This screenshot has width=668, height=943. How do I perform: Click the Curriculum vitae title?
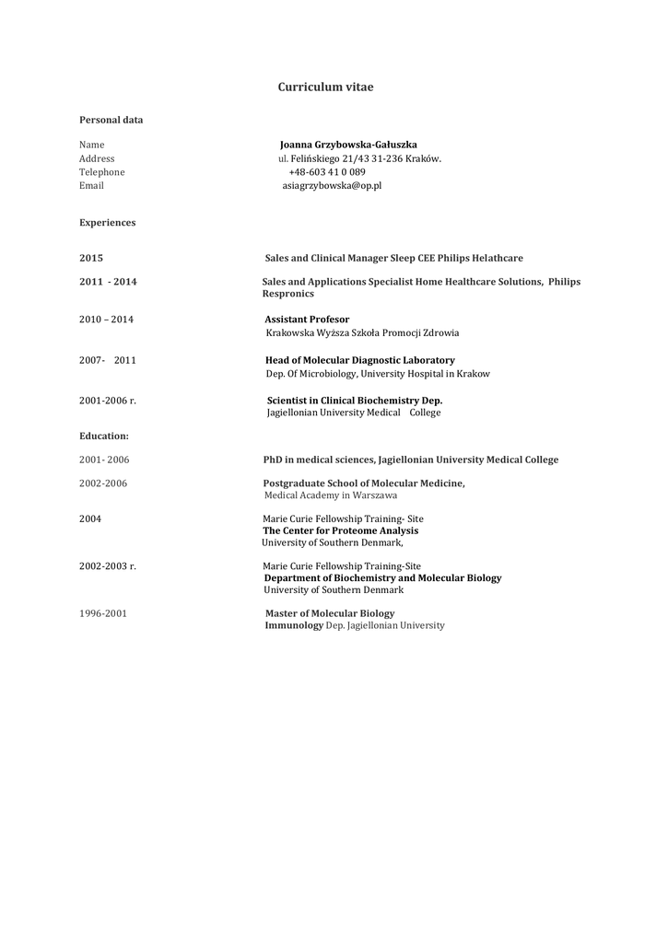pyautogui.click(x=325, y=87)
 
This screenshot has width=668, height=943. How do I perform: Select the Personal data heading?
pyautogui.click(x=111, y=120)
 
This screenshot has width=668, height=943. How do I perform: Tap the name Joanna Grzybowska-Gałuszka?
pyautogui.click(x=348, y=145)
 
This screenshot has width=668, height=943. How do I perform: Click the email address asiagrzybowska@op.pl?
pyautogui.click(x=332, y=185)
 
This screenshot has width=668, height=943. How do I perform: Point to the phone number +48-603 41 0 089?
pyautogui.click(x=326, y=172)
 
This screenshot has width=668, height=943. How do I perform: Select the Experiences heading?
pyautogui.click(x=107, y=223)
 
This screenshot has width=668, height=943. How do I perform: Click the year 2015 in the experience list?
pyautogui.click(x=91, y=259)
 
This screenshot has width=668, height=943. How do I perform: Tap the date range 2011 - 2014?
pyautogui.click(x=108, y=282)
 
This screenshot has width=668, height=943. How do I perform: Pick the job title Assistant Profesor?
pyautogui.click(x=307, y=320)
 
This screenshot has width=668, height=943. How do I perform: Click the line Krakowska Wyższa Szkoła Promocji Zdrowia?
pyautogui.click(x=362, y=332)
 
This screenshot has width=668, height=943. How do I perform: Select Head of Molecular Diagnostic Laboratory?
pyautogui.click(x=359, y=360)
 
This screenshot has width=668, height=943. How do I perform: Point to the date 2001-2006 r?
pyautogui.click(x=108, y=401)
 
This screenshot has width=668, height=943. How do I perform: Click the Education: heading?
pyautogui.click(x=104, y=436)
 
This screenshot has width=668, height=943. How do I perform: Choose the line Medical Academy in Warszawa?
pyautogui.click(x=331, y=495)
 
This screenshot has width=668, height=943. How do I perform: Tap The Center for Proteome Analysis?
pyautogui.click(x=340, y=530)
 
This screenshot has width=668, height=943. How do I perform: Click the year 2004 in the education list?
pyautogui.click(x=90, y=518)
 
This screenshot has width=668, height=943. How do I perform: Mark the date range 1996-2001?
pyautogui.click(x=103, y=613)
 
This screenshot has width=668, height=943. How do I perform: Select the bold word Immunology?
pyautogui.click(x=294, y=625)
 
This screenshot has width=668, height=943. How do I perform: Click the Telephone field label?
pyautogui.click(x=101, y=172)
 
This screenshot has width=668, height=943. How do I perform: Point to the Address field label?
pyautogui.click(x=97, y=158)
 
